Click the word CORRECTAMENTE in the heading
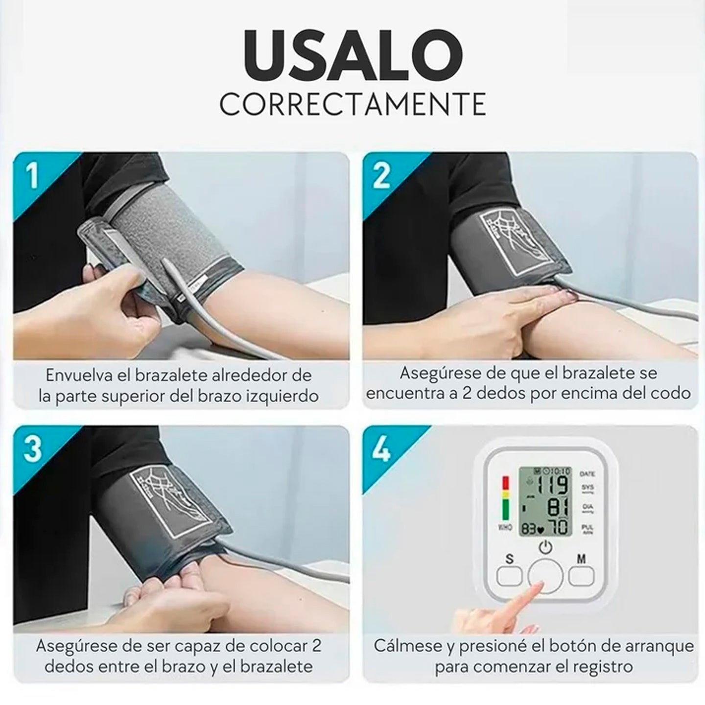coord(352,103)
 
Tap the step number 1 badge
coord(32,175)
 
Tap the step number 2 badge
coord(381,175)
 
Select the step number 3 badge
coord(32,448)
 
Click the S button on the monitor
coord(510,576)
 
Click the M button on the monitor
coord(581,576)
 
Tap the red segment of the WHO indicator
coord(506,484)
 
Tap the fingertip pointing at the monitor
coord(539,587)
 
